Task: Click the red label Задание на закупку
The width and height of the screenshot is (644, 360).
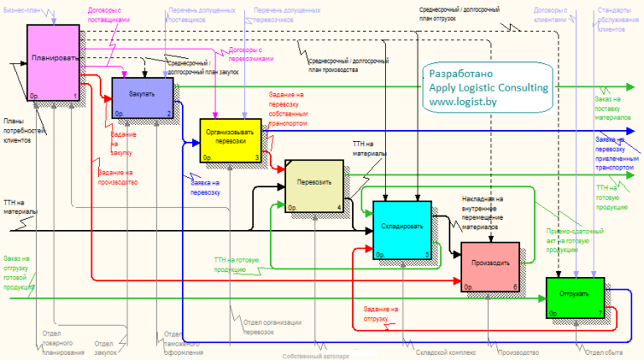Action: pyautogui.click(x=123, y=142)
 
